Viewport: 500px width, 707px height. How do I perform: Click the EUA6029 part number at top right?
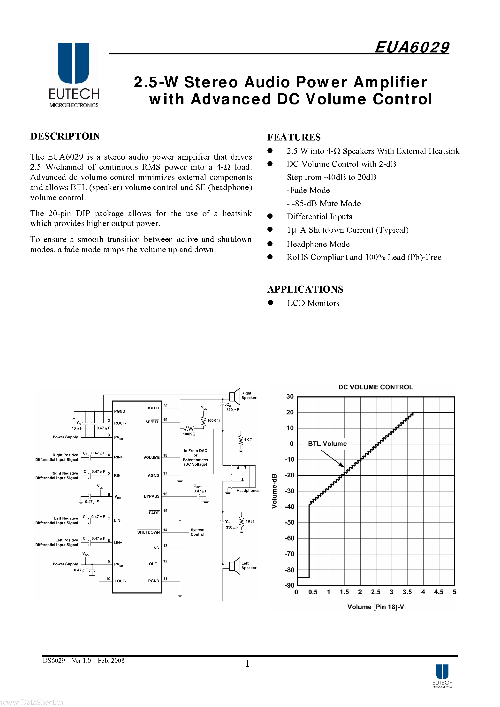(412, 48)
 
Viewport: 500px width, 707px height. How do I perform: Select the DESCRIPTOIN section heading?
(65, 136)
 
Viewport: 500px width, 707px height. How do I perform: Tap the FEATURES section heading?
(294, 137)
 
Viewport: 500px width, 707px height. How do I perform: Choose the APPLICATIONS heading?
(305, 289)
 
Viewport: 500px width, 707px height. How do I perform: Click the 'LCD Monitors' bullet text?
(313, 303)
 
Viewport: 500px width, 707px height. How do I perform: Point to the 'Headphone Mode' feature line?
(318, 244)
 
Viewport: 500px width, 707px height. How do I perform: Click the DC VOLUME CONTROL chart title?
(375, 387)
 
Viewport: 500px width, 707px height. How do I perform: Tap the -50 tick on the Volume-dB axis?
(289, 522)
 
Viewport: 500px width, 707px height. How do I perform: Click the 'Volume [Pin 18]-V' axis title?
(375, 607)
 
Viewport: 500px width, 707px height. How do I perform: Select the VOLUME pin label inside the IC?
(151, 457)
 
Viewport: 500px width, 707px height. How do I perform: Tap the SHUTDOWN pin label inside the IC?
(148, 532)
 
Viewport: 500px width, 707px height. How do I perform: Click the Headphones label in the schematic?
(248, 491)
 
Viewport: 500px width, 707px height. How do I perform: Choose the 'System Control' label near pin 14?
(197, 532)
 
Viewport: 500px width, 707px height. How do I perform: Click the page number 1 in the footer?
(247, 663)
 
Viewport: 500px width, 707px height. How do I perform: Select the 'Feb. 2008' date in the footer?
(111, 661)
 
